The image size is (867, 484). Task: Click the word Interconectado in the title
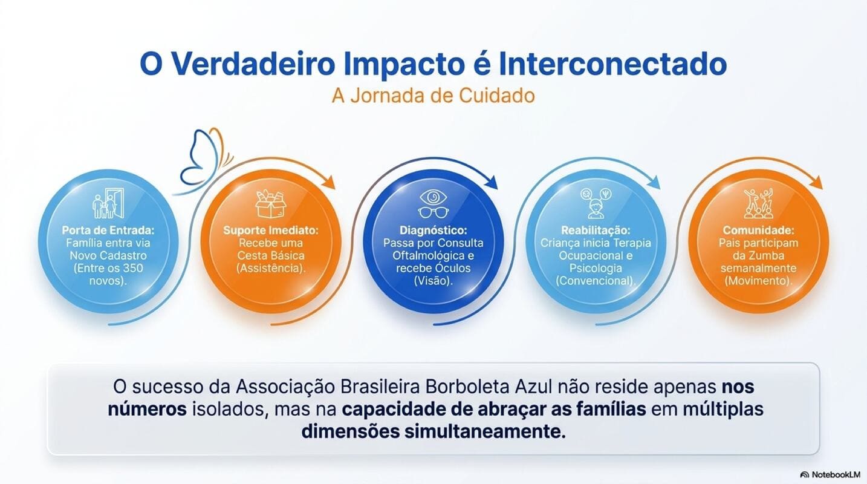coord(612,64)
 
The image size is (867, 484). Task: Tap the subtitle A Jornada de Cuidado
coord(433,96)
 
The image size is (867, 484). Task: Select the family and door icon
coord(108,203)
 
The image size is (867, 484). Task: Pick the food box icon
coord(270,204)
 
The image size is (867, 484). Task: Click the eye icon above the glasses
coord(433,197)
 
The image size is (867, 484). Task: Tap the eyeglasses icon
coord(433,212)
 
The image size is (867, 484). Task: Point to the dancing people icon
coord(758,203)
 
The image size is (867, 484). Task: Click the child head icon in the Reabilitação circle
coord(596,209)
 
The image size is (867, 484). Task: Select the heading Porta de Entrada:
coord(108,231)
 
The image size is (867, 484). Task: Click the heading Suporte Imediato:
coord(270,231)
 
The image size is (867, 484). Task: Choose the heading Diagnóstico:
coord(433,231)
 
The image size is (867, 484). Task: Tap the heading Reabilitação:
coord(596,231)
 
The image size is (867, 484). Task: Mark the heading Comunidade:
coord(758,231)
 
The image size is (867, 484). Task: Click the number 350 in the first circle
coord(133,268)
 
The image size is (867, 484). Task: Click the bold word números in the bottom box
coord(147,409)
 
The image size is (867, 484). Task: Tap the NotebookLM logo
coord(830,475)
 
